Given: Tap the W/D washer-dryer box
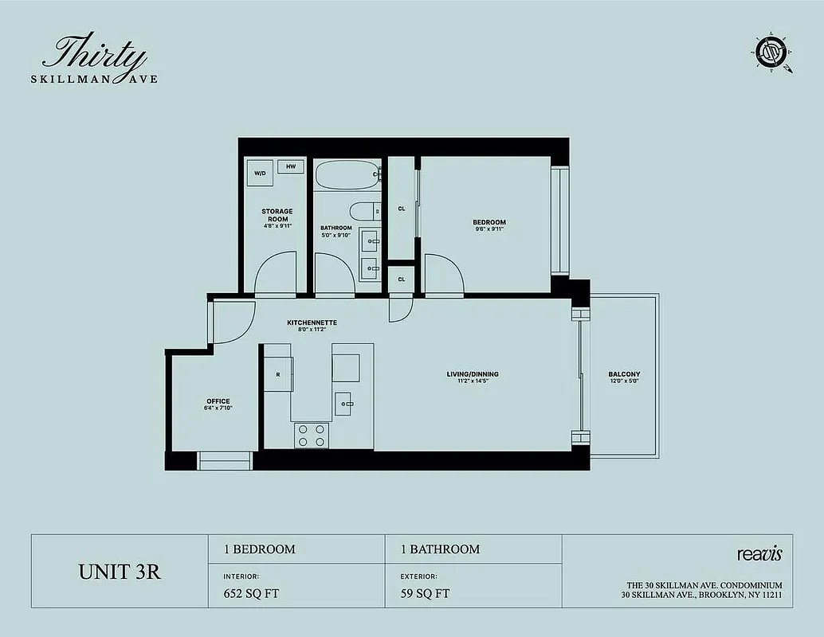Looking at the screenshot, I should click(x=261, y=173).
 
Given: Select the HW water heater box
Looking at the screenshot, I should click(x=291, y=166).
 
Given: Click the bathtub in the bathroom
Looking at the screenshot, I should click(x=347, y=174).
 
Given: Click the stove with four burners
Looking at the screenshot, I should click(x=312, y=435).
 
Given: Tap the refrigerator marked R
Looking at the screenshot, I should click(x=278, y=374).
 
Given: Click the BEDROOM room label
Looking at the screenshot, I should click(x=489, y=222).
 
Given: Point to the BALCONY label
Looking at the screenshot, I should click(x=624, y=374).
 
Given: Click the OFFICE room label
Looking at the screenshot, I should click(x=218, y=401).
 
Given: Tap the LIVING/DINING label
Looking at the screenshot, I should click(x=472, y=374).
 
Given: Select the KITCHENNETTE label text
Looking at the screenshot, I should click(x=312, y=322).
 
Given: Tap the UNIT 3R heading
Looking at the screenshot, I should click(x=119, y=572).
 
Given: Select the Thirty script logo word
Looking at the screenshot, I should click(x=95, y=54).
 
